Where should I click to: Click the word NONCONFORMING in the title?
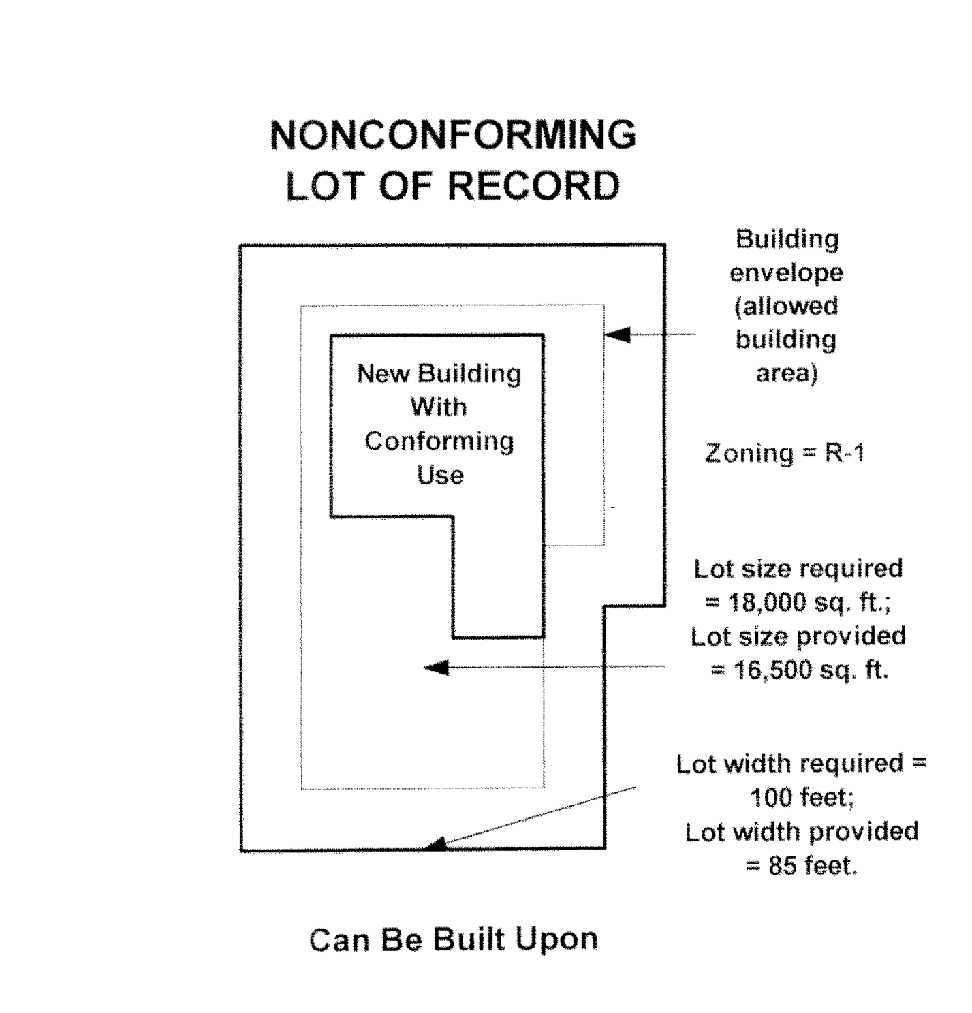pyautogui.click(x=453, y=135)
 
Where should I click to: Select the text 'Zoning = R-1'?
pyautogui.click(x=785, y=453)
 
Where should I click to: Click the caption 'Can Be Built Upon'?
pyautogui.click(x=454, y=939)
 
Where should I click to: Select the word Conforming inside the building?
pyautogui.click(x=439, y=441)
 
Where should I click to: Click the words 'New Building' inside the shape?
pyautogui.click(x=439, y=374)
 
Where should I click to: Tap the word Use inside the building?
pyautogui.click(x=440, y=475)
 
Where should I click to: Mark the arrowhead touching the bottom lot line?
pyautogui.click(x=435, y=844)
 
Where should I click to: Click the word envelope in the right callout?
pyautogui.click(x=787, y=273)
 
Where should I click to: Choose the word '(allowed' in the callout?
pyautogui.click(x=787, y=307)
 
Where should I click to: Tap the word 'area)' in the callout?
pyautogui.click(x=787, y=373)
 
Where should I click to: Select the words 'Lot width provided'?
pyautogui.click(x=802, y=832)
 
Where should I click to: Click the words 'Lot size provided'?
pyautogui.click(x=798, y=636)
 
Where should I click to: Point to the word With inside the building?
pyautogui.click(x=439, y=407)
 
